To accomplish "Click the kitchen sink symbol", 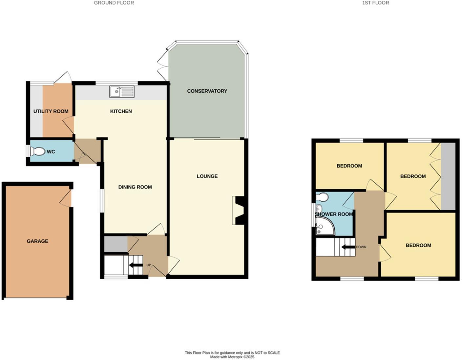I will (x=122, y=92).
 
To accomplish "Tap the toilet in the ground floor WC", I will (x=37, y=151).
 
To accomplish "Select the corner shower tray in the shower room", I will (x=325, y=227).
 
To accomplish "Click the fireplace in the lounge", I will (x=239, y=210).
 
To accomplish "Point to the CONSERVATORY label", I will (x=207, y=91).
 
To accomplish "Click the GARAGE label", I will (x=37, y=241).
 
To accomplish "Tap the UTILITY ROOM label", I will (x=51, y=111).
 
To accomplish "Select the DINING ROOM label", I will (x=135, y=187).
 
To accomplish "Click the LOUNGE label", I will (x=207, y=176).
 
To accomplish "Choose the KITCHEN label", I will (x=121, y=111).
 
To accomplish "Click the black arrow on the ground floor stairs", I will (x=136, y=265).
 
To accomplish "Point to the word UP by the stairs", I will (x=149, y=265).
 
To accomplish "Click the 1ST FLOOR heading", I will (x=375, y=3).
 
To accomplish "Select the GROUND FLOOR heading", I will (x=114, y=3).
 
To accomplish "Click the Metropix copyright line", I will (x=232, y=357).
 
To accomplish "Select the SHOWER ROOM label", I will (x=334, y=214).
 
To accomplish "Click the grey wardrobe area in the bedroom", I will (x=448, y=176).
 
